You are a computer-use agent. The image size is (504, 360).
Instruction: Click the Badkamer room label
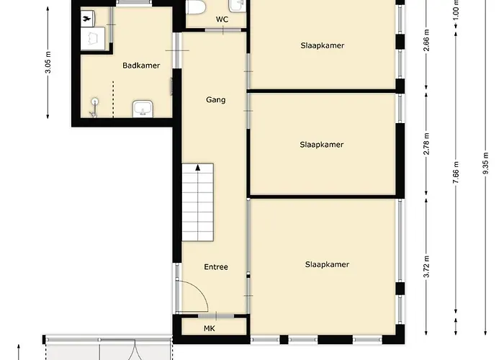[141, 66]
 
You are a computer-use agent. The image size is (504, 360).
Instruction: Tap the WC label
[222, 19]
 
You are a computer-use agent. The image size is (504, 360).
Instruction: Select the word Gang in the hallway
[216, 100]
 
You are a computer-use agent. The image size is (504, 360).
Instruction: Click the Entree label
[216, 267]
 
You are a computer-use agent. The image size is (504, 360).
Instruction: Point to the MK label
[210, 329]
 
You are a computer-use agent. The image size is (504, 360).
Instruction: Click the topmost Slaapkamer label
[323, 45]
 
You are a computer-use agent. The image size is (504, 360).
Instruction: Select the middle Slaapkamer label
[322, 145]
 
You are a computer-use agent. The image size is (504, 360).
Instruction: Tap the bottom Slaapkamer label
[327, 264]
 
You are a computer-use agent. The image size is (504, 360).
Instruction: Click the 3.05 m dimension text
[48, 64]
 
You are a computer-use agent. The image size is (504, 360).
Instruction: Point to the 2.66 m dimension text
[426, 52]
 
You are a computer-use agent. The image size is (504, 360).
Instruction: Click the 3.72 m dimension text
[426, 266]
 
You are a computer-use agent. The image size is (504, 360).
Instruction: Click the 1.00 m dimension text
[455, 8]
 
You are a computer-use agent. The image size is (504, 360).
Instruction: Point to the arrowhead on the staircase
[198, 168]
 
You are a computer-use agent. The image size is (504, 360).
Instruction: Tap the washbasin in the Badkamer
[142, 109]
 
